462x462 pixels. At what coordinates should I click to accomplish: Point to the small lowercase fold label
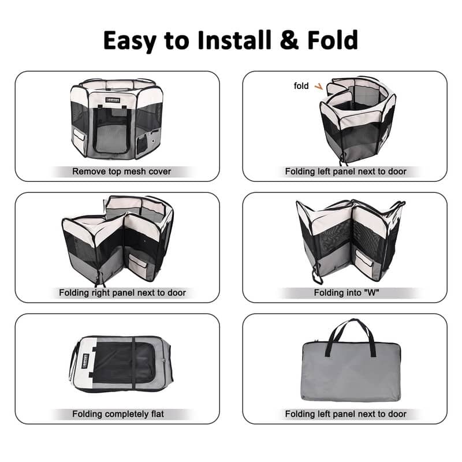pos(301,86)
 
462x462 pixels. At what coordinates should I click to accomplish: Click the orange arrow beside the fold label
pos(318,87)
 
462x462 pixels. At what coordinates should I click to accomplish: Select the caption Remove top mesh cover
pos(121,172)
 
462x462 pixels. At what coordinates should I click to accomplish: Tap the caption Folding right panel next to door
pos(122,293)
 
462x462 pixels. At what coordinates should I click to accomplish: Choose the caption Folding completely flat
pos(118,414)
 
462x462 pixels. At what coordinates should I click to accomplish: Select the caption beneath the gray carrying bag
pos(345,414)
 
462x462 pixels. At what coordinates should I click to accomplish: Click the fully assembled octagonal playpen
pos(115,118)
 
